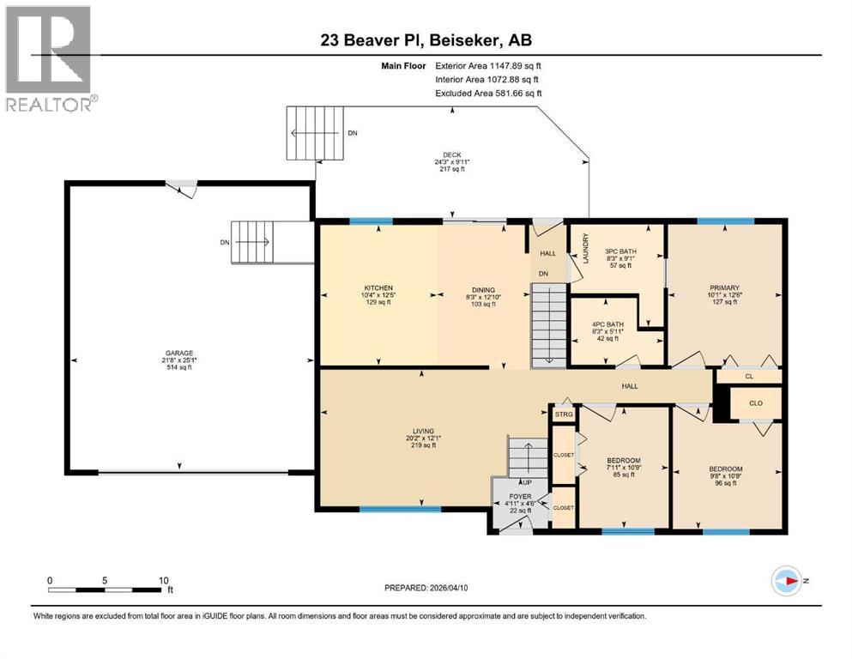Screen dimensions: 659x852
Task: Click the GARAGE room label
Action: [179, 353]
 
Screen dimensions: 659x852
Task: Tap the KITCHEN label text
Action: [378, 287]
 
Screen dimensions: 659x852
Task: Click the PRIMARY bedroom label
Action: [724, 288]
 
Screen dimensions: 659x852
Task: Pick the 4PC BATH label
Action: [608, 324]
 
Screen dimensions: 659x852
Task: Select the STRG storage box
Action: [564, 415]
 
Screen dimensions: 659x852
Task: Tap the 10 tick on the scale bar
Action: [161, 580]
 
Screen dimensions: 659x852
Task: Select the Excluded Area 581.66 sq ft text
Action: [488, 93]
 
